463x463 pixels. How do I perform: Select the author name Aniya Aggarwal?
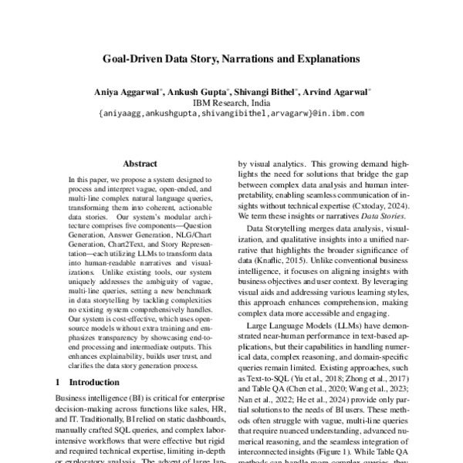pos(127,92)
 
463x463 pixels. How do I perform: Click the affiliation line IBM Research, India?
pos(231,103)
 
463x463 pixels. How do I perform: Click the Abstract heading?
pos(140,164)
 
